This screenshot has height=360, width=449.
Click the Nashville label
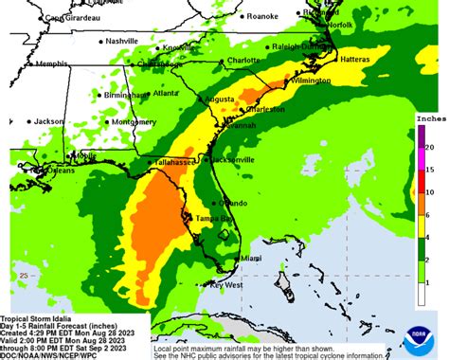coord(121,42)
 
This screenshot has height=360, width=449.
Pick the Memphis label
coord(52,64)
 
